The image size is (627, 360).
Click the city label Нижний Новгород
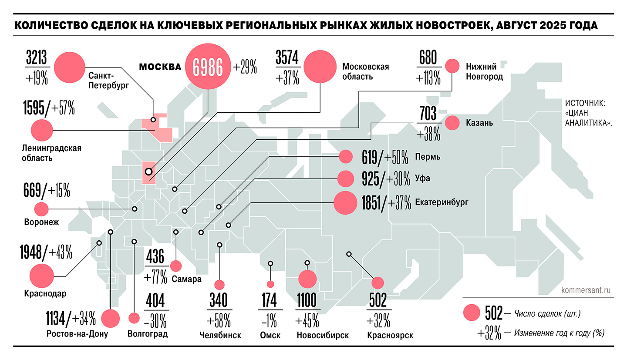coord(484,71)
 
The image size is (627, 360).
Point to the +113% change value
coord(428,79)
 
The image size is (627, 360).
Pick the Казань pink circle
coord(453,123)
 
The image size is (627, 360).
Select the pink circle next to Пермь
coord(346,157)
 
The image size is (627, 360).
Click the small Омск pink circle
coord(270,284)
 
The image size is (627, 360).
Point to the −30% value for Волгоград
coord(155,322)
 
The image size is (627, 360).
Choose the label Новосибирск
coord(323,336)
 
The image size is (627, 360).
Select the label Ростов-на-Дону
coord(77,334)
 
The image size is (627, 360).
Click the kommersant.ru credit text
coord(587,289)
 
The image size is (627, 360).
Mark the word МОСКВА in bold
coord(160,67)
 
